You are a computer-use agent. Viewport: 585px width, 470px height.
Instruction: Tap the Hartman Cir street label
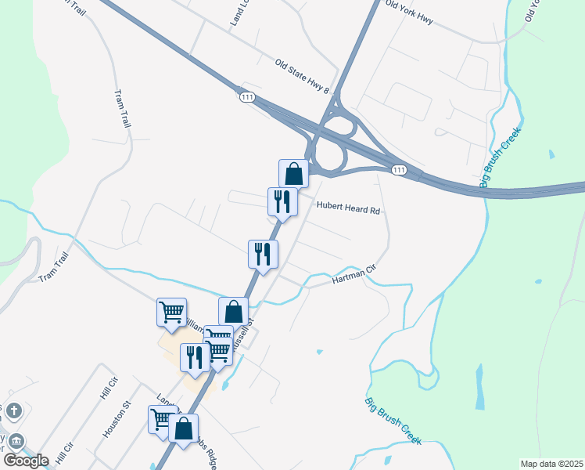pyautogui.click(x=360, y=273)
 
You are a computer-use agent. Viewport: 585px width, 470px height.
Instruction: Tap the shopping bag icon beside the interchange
pyautogui.click(x=294, y=173)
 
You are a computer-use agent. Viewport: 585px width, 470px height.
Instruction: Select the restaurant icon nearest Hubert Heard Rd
pyautogui.click(x=282, y=201)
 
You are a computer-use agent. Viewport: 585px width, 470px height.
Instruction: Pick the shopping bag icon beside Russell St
pyautogui.click(x=233, y=311)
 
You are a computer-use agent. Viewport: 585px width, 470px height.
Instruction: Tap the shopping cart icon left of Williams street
pyautogui.click(x=171, y=312)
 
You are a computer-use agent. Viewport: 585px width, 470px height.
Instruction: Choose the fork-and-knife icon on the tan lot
pyautogui.click(x=195, y=356)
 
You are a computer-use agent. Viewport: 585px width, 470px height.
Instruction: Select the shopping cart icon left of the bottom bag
pyautogui.click(x=160, y=418)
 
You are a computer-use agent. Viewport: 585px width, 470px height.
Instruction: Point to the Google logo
pyautogui.click(x=26, y=460)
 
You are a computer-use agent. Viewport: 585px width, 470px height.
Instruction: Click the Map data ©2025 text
pyautogui.click(x=551, y=464)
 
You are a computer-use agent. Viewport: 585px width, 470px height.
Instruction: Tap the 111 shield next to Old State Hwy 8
pyautogui.click(x=247, y=96)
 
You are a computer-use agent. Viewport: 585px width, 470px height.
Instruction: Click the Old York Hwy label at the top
pyautogui.click(x=410, y=13)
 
